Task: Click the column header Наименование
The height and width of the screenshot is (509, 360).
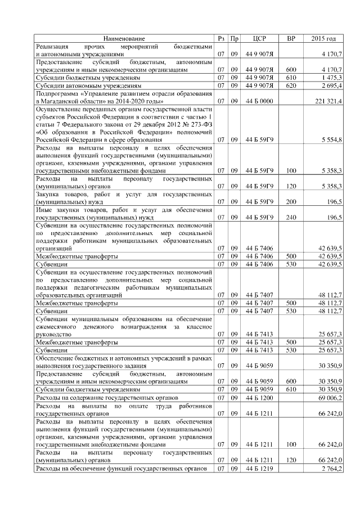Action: coord(124,39)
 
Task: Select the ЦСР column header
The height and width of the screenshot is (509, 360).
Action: coord(259,39)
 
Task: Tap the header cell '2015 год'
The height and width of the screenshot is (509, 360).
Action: coord(323,39)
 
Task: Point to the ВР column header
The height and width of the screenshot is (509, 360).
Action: coord(291,39)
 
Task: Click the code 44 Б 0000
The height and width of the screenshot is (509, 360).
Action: coord(259,101)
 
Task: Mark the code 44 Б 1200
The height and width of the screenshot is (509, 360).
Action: coord(259,398)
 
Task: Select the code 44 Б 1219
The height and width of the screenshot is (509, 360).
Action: coord(259,469)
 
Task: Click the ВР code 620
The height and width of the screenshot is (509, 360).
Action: coord(291,85)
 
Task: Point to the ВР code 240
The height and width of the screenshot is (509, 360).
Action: coord(291,217)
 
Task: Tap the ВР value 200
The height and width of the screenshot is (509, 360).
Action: coord(291,201)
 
